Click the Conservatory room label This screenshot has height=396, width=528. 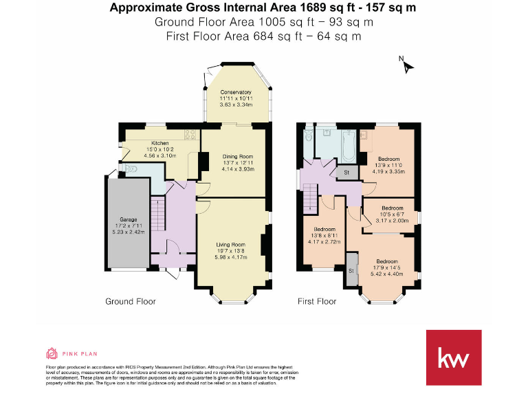[235, 92]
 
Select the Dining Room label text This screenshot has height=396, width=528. [238, 156]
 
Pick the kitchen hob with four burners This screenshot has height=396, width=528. [189, 135]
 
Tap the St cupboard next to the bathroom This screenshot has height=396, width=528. [346, 173]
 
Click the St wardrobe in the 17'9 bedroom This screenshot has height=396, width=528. [351, 270]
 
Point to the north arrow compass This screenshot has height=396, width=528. [408, 66]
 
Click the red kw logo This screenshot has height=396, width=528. [454, 358]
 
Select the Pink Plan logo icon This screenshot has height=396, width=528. [52, 353]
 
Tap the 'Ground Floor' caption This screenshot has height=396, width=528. [130, 301]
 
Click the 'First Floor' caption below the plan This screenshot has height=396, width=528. [316, 301]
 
